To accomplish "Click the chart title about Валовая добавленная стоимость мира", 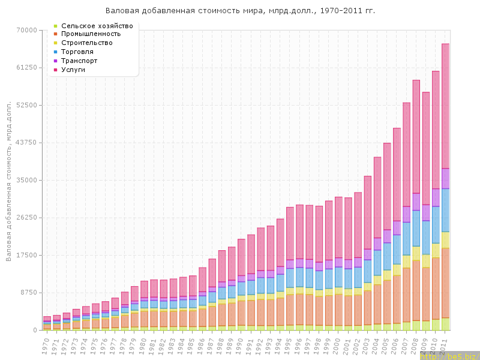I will click(x=240, y=11).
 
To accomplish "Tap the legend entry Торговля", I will click(x=78, y=52).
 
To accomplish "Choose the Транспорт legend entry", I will click(x=79, y=61).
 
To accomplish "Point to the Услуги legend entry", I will click(x=73, y=70).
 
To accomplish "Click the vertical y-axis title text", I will click(x=9, y=180).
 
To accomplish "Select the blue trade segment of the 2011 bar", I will click(x=445, y=210).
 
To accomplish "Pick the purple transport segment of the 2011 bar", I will click(x=445, y=178).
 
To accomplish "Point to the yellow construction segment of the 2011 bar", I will click(x=445, y=239).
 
